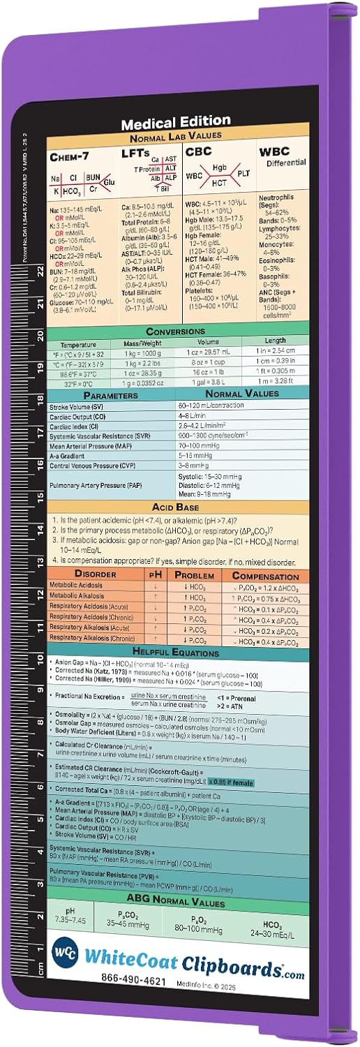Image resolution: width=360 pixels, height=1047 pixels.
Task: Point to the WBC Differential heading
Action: pos(282,156)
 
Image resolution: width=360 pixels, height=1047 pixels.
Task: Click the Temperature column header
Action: pos(77,344)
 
